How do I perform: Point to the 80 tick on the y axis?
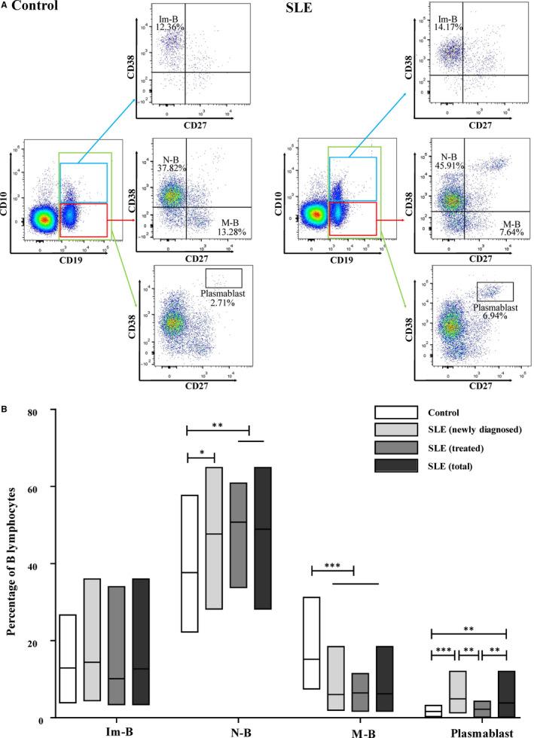[32, 410]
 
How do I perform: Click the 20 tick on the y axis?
[32, 641]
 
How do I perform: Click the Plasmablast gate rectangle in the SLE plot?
[494, 291]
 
